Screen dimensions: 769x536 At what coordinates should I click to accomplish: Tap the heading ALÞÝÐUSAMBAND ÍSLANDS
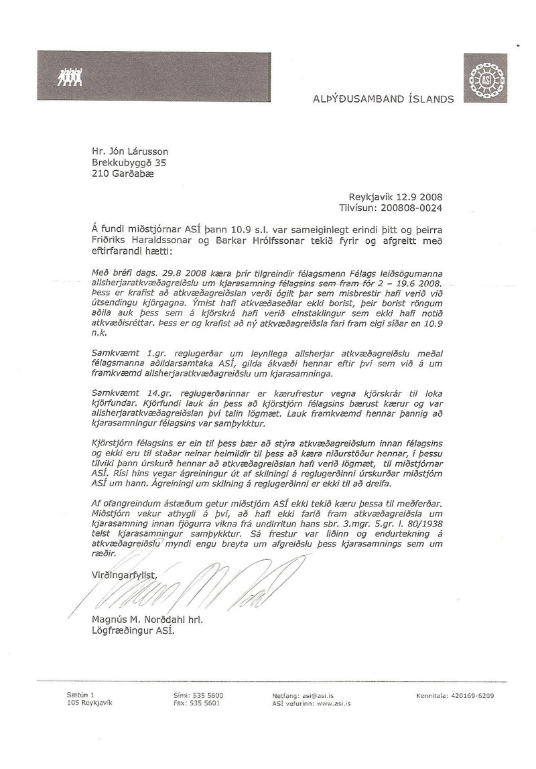(x=383, y=99)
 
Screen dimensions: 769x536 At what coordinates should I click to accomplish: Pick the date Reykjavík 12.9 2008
(x=396, y=197)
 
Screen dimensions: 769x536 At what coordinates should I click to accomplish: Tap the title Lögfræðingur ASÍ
(x=131, y=631)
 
